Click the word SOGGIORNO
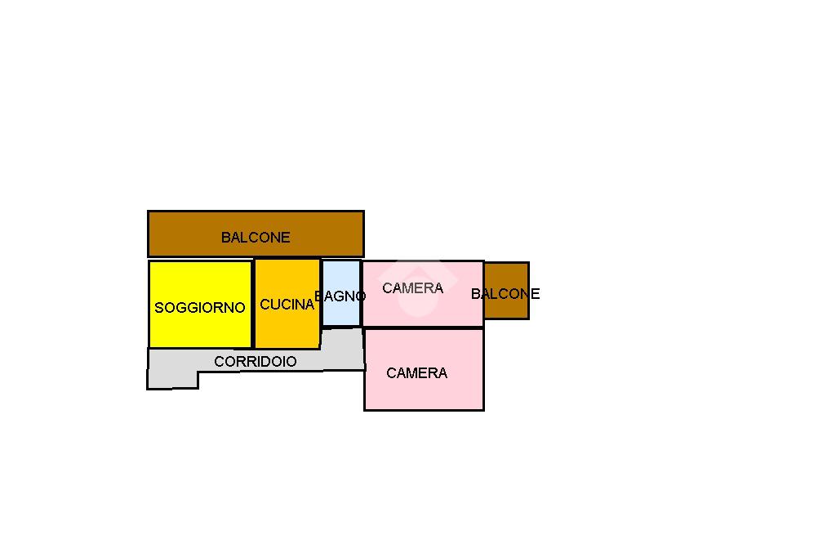pos(200,307)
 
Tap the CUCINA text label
pos(287,304)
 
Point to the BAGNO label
pos(340,296)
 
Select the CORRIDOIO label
pos(255,362)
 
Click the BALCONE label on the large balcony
pos(256,238)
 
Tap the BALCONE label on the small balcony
pos(505,293)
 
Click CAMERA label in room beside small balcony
pos(412,288)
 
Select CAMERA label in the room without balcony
pos(416,373)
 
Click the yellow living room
pos(200,304)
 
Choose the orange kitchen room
pos(287,304)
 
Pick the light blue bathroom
pos(341,293)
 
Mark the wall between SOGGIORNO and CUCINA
pos(253,304)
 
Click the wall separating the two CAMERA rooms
pos(424,327)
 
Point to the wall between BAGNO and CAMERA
pos(362,293)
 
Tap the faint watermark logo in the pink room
pos(417,288)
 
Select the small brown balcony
pos(506,291)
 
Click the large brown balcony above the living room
pos(256,234)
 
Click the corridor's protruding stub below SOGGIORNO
pos(173,380)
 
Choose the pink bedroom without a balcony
pos(424,369)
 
